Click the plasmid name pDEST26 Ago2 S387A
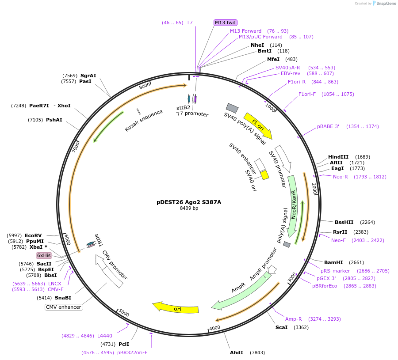189,202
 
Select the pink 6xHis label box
44,255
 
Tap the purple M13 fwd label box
226,23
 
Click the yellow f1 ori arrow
258,125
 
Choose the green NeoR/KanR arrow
293,205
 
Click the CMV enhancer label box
64,307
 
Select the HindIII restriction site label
338,157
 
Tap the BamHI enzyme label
333,262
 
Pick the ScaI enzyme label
282,327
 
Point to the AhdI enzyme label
237,352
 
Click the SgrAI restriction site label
88,76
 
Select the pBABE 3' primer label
328,126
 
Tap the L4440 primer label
105,336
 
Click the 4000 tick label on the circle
215,328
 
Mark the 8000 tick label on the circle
145,87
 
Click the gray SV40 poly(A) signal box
232,108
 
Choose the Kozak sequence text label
144,121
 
